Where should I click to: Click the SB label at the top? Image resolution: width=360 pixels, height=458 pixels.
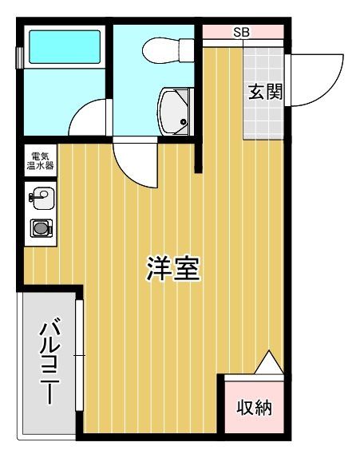click(241, 33)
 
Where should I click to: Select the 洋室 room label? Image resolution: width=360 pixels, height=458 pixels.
click(172, 269)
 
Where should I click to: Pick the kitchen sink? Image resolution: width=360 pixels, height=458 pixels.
click(41, 195)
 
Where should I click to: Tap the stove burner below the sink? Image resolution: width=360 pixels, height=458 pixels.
click(41, 228)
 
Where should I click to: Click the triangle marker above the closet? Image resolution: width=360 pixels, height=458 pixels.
click(269, 364)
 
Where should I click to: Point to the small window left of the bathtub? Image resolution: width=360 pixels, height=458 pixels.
click(21, 58)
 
